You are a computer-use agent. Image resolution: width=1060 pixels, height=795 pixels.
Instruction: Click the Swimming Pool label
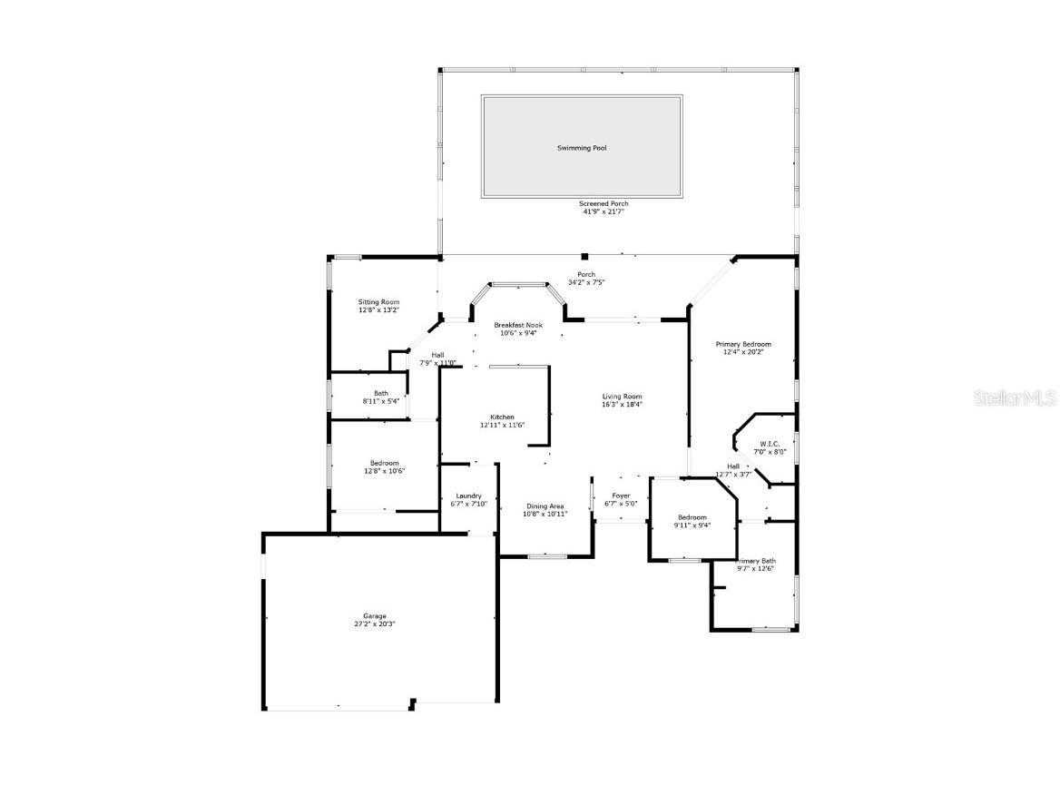pyautogui.click(x=582, y=148)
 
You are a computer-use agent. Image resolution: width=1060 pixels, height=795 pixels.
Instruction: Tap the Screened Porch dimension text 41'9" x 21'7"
pyautogui.click(x=604, y=211)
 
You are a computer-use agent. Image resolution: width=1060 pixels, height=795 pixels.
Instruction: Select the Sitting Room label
pyautogui.click(x=378, y=302)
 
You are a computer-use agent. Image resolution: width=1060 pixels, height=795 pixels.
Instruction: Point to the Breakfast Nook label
pyautogui.click(x=518, y=325)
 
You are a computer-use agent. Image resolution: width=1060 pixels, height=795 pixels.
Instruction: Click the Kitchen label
pyautogui.click(x=502, y=417)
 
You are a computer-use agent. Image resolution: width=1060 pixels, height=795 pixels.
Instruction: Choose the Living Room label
pyautogui.click(x=622, y=397)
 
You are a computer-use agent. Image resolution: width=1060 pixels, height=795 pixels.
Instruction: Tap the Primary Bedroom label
pyautogui.click(x=743, y=344)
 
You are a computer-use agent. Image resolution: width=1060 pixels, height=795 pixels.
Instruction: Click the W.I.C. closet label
pyautogui.click(x=770, y=444)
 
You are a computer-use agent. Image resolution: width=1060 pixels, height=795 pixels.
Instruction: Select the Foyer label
pyautogui.click(x=621, y=496)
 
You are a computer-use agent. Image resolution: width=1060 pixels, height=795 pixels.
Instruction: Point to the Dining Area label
pyautogui.click(x=545, y=506)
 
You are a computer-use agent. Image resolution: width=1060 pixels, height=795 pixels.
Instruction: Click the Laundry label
pyautogui.click(x=468, y=496)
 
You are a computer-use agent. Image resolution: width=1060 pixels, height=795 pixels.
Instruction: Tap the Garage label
pyautogui.click(x=375, y=616)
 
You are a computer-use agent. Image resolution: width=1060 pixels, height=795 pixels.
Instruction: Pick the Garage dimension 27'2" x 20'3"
pyautogui.click(x=375, y=624)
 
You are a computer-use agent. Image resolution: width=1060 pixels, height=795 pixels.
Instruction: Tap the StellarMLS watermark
pyautogui.click(x=1015, y=397)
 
